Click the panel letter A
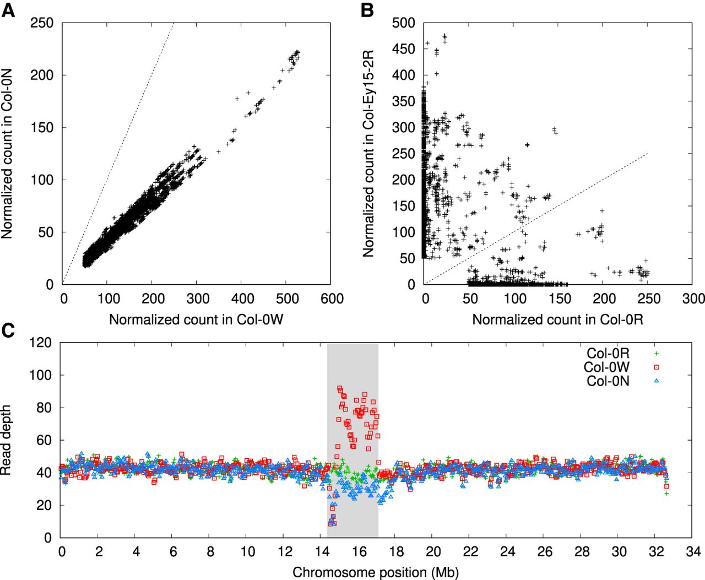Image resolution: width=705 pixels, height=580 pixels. pyautogui.click(x=8, y=10)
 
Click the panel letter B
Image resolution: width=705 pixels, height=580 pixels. pyautogui.click(x=367, y=10)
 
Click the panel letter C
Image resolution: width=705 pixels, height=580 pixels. pyautogui.click(x=8, y=330)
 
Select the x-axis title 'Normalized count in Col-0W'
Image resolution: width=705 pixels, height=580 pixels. pyautogui.click(x=196, y=319)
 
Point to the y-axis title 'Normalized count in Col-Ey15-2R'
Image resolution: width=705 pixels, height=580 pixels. pyautogui.click(x=368, y=154)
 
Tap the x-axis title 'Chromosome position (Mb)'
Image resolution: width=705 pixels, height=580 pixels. pyautogui.click(x=376, y=572)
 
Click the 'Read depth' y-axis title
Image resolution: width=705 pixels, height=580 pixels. pyautogui.click(x=6, y=440)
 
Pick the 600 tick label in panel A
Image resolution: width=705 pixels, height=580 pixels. pyautogui.click(x=332, y=299)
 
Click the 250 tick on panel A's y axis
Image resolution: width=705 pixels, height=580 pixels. pyautogui.click(x=42, y=23)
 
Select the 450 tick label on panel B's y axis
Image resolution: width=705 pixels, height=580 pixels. pyautogui.click(x=403, y=49)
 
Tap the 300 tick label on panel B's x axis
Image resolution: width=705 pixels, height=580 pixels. pyautogui.click(x=693, y=299)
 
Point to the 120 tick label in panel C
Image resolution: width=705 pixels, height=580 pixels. pyautogui.click(x=40, y=343)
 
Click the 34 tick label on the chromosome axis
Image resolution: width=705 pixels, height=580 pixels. pyautogui.click(x=693, y=551)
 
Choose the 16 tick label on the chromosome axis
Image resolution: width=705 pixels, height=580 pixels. pyautogui.click(x=359, y=551)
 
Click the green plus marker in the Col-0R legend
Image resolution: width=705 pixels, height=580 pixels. pyautogui.click(x=656, y=354)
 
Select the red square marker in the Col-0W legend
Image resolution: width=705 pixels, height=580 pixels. pyautogui.click(x=656, y=367)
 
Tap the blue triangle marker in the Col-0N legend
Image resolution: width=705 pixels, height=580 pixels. pyautogui.click(x=656, y=381)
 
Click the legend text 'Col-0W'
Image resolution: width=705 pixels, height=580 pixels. pyautogui.click(x=607, y=367)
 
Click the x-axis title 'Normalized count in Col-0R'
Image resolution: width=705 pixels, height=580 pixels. pyautogui.click(x=557, y=319)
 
